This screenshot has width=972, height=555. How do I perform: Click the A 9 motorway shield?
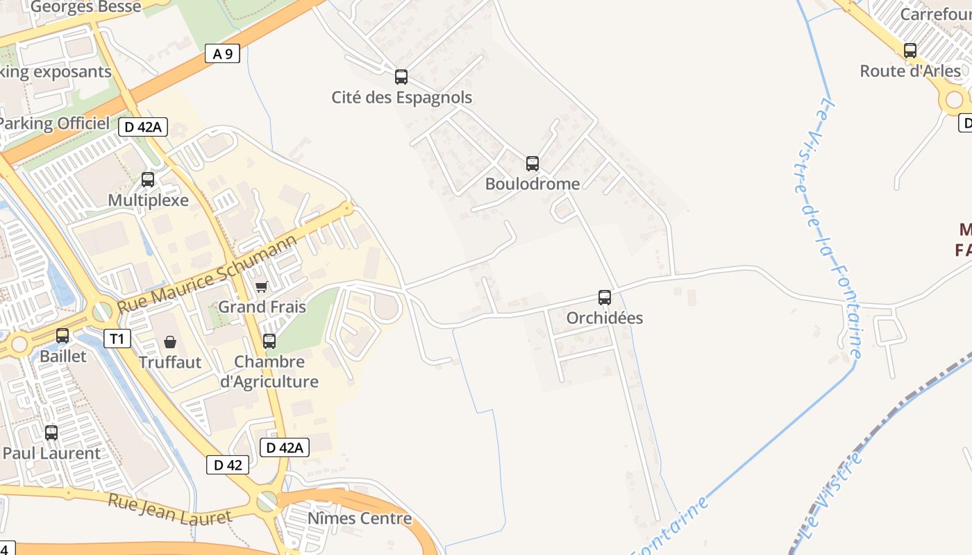[x=222, y=53]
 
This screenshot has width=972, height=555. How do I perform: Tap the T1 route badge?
[x=117, y=339]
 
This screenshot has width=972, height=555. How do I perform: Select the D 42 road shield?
[x=228, y=465]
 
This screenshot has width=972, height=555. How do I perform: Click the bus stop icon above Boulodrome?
[x=533, y=164]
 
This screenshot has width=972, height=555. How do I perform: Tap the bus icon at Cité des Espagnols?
[x=401, y=77]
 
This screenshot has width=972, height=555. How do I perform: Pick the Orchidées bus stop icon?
[x=605, y=298]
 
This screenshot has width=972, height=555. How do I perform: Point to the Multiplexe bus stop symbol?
[x=148, y=180]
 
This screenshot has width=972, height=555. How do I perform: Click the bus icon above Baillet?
[x=62, y=336]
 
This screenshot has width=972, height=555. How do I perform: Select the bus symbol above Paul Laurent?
[x=51, y=433]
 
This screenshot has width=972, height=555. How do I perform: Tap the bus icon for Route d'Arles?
[x=910, y=51]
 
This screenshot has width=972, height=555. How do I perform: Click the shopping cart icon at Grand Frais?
[x=262, y=287]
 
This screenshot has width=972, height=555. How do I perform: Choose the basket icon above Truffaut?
[x=170, y=342]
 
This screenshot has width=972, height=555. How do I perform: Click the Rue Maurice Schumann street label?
[x=207, y=274]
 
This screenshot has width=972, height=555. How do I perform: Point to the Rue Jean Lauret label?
[x=169, y=509]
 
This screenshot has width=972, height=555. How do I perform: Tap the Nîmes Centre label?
[x=360, y=518]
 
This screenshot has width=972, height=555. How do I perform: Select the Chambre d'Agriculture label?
[x=269, y=372]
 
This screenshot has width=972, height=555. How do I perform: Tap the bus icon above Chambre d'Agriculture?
[x=269, y=341]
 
